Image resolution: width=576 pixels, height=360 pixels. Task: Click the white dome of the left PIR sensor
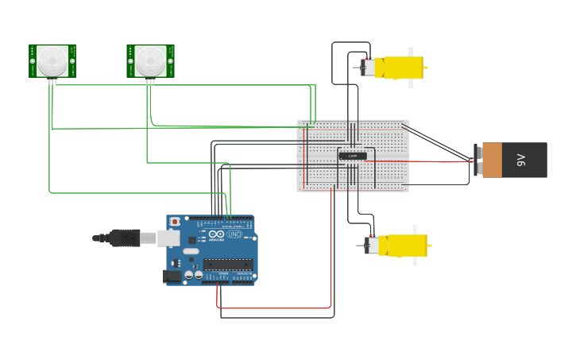[52, 60]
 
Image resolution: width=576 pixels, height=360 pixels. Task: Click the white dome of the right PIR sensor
[149, 60]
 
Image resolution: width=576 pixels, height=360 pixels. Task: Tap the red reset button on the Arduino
[175, 222]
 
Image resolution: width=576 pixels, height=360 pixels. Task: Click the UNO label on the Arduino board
[234, 234]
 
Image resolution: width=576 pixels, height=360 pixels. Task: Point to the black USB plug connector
[125, 238]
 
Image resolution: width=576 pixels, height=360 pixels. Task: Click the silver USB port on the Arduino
[168, 238]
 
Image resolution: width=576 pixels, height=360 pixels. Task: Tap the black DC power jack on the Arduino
[172, 276]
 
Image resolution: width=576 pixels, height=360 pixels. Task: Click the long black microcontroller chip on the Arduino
[228, 264]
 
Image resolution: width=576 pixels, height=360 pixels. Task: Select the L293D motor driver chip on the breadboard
[353, 156]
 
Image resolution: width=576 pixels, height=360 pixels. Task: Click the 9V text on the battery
[521, 160]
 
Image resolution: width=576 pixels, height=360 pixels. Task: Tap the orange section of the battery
[493, 160]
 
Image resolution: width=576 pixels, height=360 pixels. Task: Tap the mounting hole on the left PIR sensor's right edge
[72, 60]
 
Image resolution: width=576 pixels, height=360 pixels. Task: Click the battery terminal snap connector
[477, 160]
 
